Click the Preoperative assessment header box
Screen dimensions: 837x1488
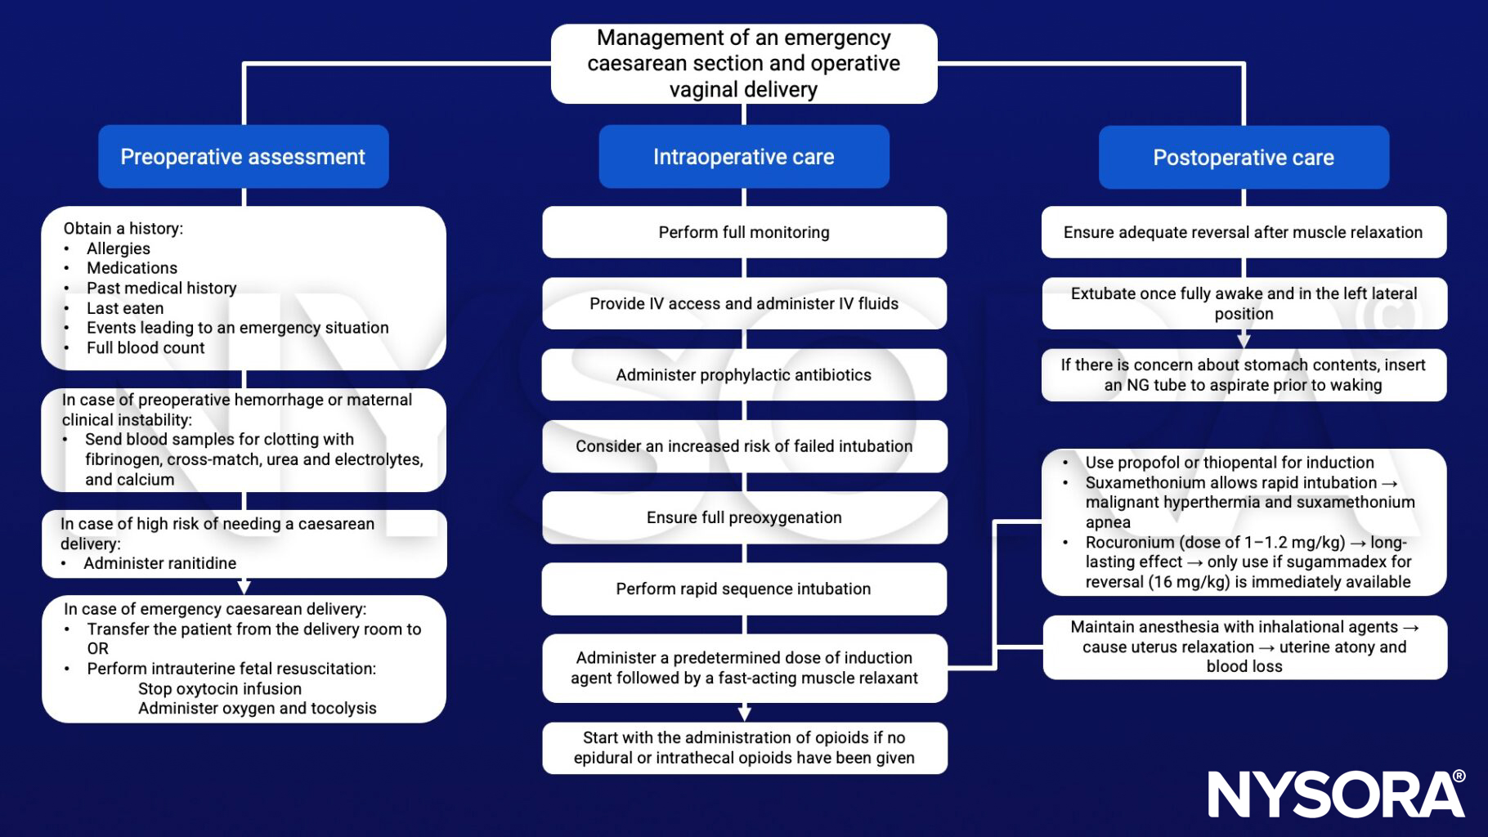click(x=243, y=157)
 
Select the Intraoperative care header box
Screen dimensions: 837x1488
click(x=743, y=157)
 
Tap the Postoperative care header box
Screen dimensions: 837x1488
click(x=1243, y=158)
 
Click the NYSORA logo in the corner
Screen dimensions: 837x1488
click(x=1336, y=794)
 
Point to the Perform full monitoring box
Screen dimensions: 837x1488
click(x=743, y=232)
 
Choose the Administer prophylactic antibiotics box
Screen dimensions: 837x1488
click(x=743, y=375)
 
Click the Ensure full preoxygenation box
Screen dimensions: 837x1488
click(x=743, y=517)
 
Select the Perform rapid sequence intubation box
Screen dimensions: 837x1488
click(x=743, y=589)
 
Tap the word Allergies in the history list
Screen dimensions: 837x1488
click(x=119, y=248)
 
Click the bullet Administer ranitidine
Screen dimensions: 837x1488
click(x=159, y=563)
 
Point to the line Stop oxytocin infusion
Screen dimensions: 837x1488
click(x=220, y=688)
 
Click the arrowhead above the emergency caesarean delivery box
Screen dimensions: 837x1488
click(x=244, y=587)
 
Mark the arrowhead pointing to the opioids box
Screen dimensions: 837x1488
click(x=744, y=713)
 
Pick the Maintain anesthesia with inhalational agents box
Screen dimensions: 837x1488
click(x=1244, y=647)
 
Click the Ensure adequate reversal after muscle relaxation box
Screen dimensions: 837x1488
click(x=1243, y=232)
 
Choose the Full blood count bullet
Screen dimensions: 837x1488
click(x=146, y=347)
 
